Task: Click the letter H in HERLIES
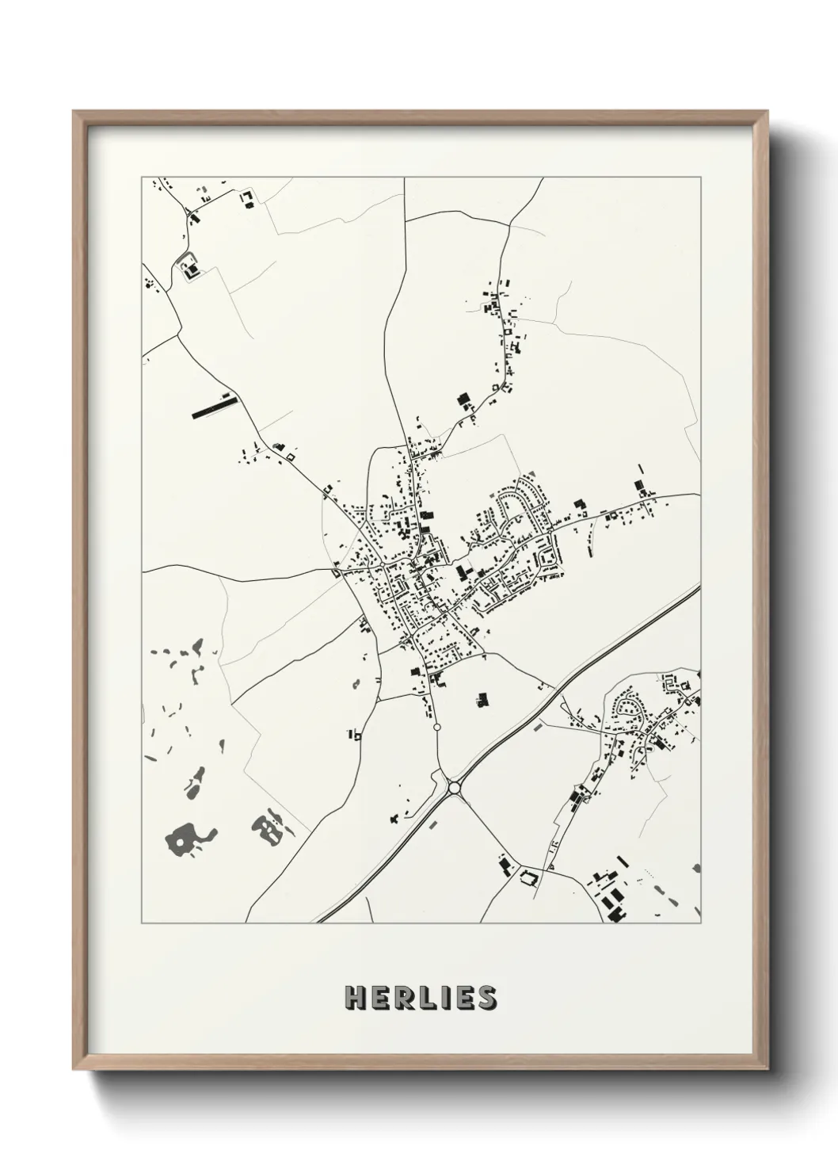pyautogui.click(x=354, y=997)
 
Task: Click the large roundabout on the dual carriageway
pyautogui.click(x=454, y=787)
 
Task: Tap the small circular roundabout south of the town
pyautogui.click(x=436, y=726)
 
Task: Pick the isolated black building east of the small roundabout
pyautogui.click(x=481, y=699)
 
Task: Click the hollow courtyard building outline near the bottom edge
pyautogui.click(x=528, y=877)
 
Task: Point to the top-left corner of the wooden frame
pyautogui.click(x=74, y=112)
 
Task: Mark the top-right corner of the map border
pyautogui.click(x=700, y=178)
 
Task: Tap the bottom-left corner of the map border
pyautogui.click(x=142, y=923)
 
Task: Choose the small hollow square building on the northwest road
pyautogui.click(x=290, y=457)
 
